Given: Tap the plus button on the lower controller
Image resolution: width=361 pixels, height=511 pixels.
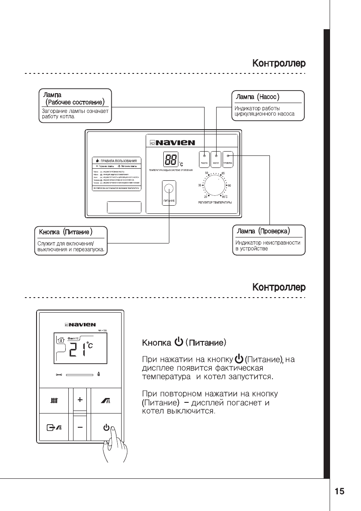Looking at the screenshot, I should click(x=80, y=400).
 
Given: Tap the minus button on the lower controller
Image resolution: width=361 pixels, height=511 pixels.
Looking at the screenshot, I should click(x=80, y=428).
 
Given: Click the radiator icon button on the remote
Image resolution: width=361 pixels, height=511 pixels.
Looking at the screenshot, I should click(x=54, y=401).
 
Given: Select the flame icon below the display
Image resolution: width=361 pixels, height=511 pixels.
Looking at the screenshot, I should click(x=100, y=374).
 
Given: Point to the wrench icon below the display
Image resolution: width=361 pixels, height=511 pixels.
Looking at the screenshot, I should click(x=59, y=375).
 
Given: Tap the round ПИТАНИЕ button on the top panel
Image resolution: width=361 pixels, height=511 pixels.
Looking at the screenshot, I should click(x=169, y=188).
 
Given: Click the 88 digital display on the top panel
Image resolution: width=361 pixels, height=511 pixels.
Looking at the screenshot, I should click(x=171, y=160).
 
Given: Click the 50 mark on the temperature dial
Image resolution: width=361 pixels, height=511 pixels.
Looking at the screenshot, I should click(x=207, y=173).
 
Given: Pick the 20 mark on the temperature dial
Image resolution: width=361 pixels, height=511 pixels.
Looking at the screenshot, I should click(x=205, y=196).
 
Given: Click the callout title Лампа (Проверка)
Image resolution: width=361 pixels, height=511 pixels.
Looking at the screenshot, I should click(x=263, y=231).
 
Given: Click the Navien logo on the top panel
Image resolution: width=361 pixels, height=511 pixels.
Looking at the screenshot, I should click(x=172, y=143).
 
